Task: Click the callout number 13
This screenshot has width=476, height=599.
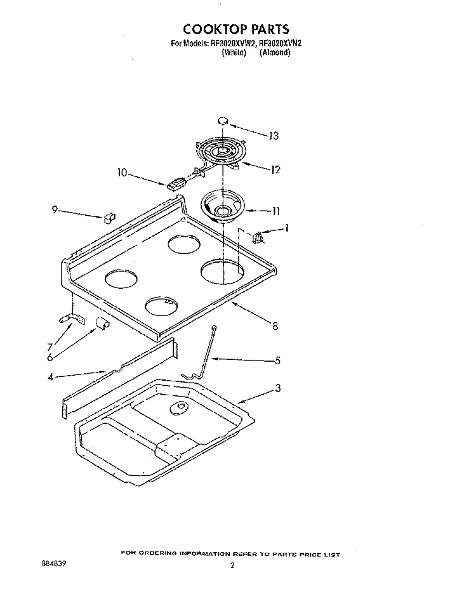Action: pos(274,136)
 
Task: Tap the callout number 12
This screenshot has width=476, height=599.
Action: pos(275,169)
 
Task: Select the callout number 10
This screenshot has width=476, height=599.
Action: pos(122,173)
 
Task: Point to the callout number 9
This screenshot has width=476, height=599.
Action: pos(55,210)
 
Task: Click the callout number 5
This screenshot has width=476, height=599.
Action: pos(278,360)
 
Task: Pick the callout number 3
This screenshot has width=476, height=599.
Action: pos(278,388)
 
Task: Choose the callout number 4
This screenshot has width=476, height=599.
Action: pos(50,377)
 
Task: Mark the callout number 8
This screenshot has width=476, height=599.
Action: pos(275,326)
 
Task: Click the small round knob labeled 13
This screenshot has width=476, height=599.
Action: pos(223,121)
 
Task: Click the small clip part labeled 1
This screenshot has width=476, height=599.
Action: pos(258,237)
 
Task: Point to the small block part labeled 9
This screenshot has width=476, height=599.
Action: pos(109,218)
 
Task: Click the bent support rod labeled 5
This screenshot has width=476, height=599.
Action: pos(201,353)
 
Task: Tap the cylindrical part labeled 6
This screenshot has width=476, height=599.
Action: pos(102,323)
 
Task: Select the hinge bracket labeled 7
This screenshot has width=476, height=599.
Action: pos(72,319)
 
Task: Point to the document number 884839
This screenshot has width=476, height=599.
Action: pos(53,563)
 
